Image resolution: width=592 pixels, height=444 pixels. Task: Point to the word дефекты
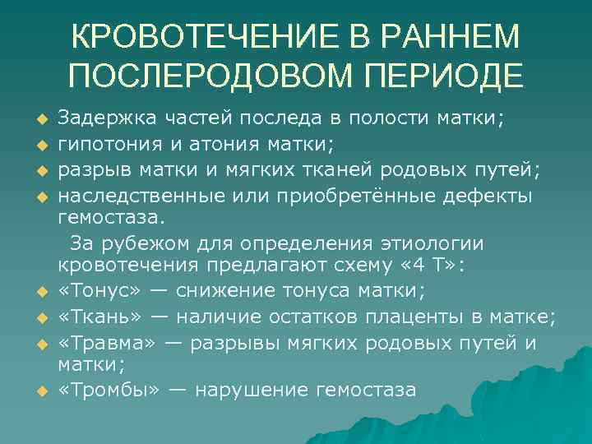[490, 196]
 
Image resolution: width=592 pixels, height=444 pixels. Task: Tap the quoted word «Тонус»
[93, 291]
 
